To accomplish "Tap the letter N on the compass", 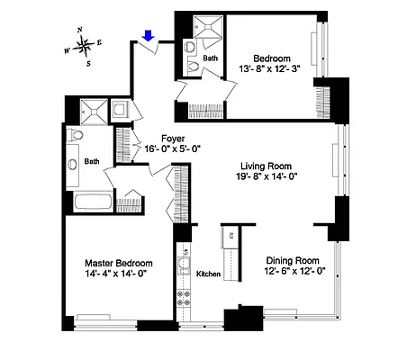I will pyautogui.click(x=81, y=30).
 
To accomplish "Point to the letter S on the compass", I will pyautogui.click(x=88, y=63).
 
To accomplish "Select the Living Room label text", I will pyautogui.click(x=268, y=165).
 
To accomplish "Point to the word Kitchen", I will pyautogui.click(x=209, y=274).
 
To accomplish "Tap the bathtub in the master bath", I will pyautogui.click(x=90, y=202).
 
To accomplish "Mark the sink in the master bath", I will pyautogui.click(x=72, y=166).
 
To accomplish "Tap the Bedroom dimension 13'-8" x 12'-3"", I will pyautogui.click(x=267, y=67).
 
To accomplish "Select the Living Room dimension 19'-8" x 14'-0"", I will pyautogui.click(x=268, y=176).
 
